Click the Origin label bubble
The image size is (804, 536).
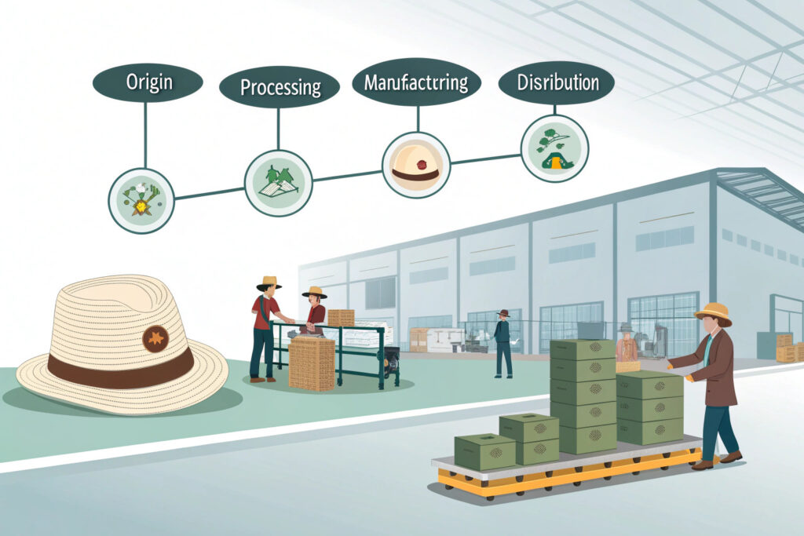(148, 83)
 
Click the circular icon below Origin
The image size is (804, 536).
(141, 200)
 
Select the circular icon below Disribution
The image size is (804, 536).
(554, 148)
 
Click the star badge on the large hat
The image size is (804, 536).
(155, 338)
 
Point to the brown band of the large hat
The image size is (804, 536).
(118, 370)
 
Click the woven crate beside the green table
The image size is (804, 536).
(312, 363)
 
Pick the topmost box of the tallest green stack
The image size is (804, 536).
(582, 350)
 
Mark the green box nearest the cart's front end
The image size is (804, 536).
(484, 451)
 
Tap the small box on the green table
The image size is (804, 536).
(341, 317)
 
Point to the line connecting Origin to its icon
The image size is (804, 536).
(144, 133)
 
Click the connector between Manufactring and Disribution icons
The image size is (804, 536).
(485, 159)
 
